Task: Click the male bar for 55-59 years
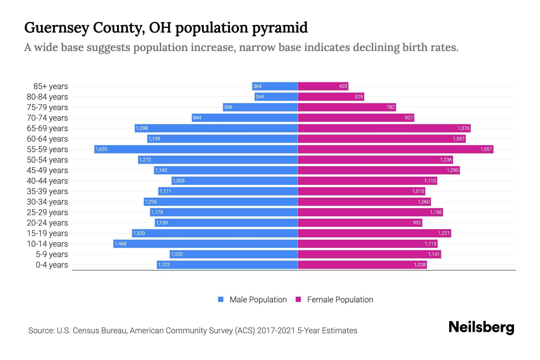(196, 149)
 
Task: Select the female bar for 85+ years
(323, 86)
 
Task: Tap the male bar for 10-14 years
(205, 244)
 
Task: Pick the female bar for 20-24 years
(360, 223)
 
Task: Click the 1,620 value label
(101, 149)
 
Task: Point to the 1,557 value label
(486, 149)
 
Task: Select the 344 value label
(260, 97)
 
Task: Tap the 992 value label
(417, 223)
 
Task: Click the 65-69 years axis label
(47, 128)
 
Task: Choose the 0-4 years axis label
(52, 265)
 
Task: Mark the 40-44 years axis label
(47, 181)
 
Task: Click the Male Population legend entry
(258, 299)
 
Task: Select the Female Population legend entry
(340, 299)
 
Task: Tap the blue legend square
(221, 299)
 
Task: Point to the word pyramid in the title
(280, 28)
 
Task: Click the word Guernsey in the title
(57, 28)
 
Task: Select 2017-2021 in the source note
(276, 330)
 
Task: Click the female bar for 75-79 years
(347, 107)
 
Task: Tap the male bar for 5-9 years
(234, 254)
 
